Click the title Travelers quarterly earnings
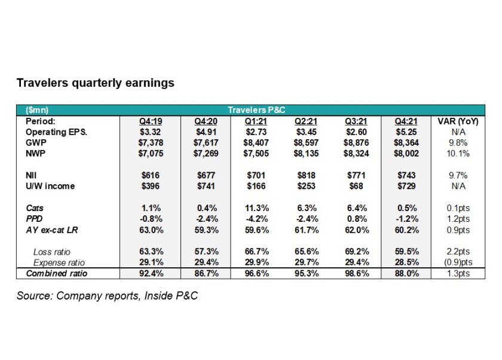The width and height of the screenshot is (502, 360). point(95,83)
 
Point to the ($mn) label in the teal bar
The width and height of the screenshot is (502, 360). point(38,111)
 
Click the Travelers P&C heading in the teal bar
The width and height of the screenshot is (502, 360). point(254,111)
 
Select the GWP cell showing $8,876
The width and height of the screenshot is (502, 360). point(357,142)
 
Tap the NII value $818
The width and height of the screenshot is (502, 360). point(305,175)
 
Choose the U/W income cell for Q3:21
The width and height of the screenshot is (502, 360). point(357,186)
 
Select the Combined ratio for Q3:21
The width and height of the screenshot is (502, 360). point(357,274)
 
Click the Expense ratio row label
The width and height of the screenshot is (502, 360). point(58,263)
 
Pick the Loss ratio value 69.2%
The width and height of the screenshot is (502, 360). point(357,252)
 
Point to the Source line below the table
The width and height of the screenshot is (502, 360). point(107,295)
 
